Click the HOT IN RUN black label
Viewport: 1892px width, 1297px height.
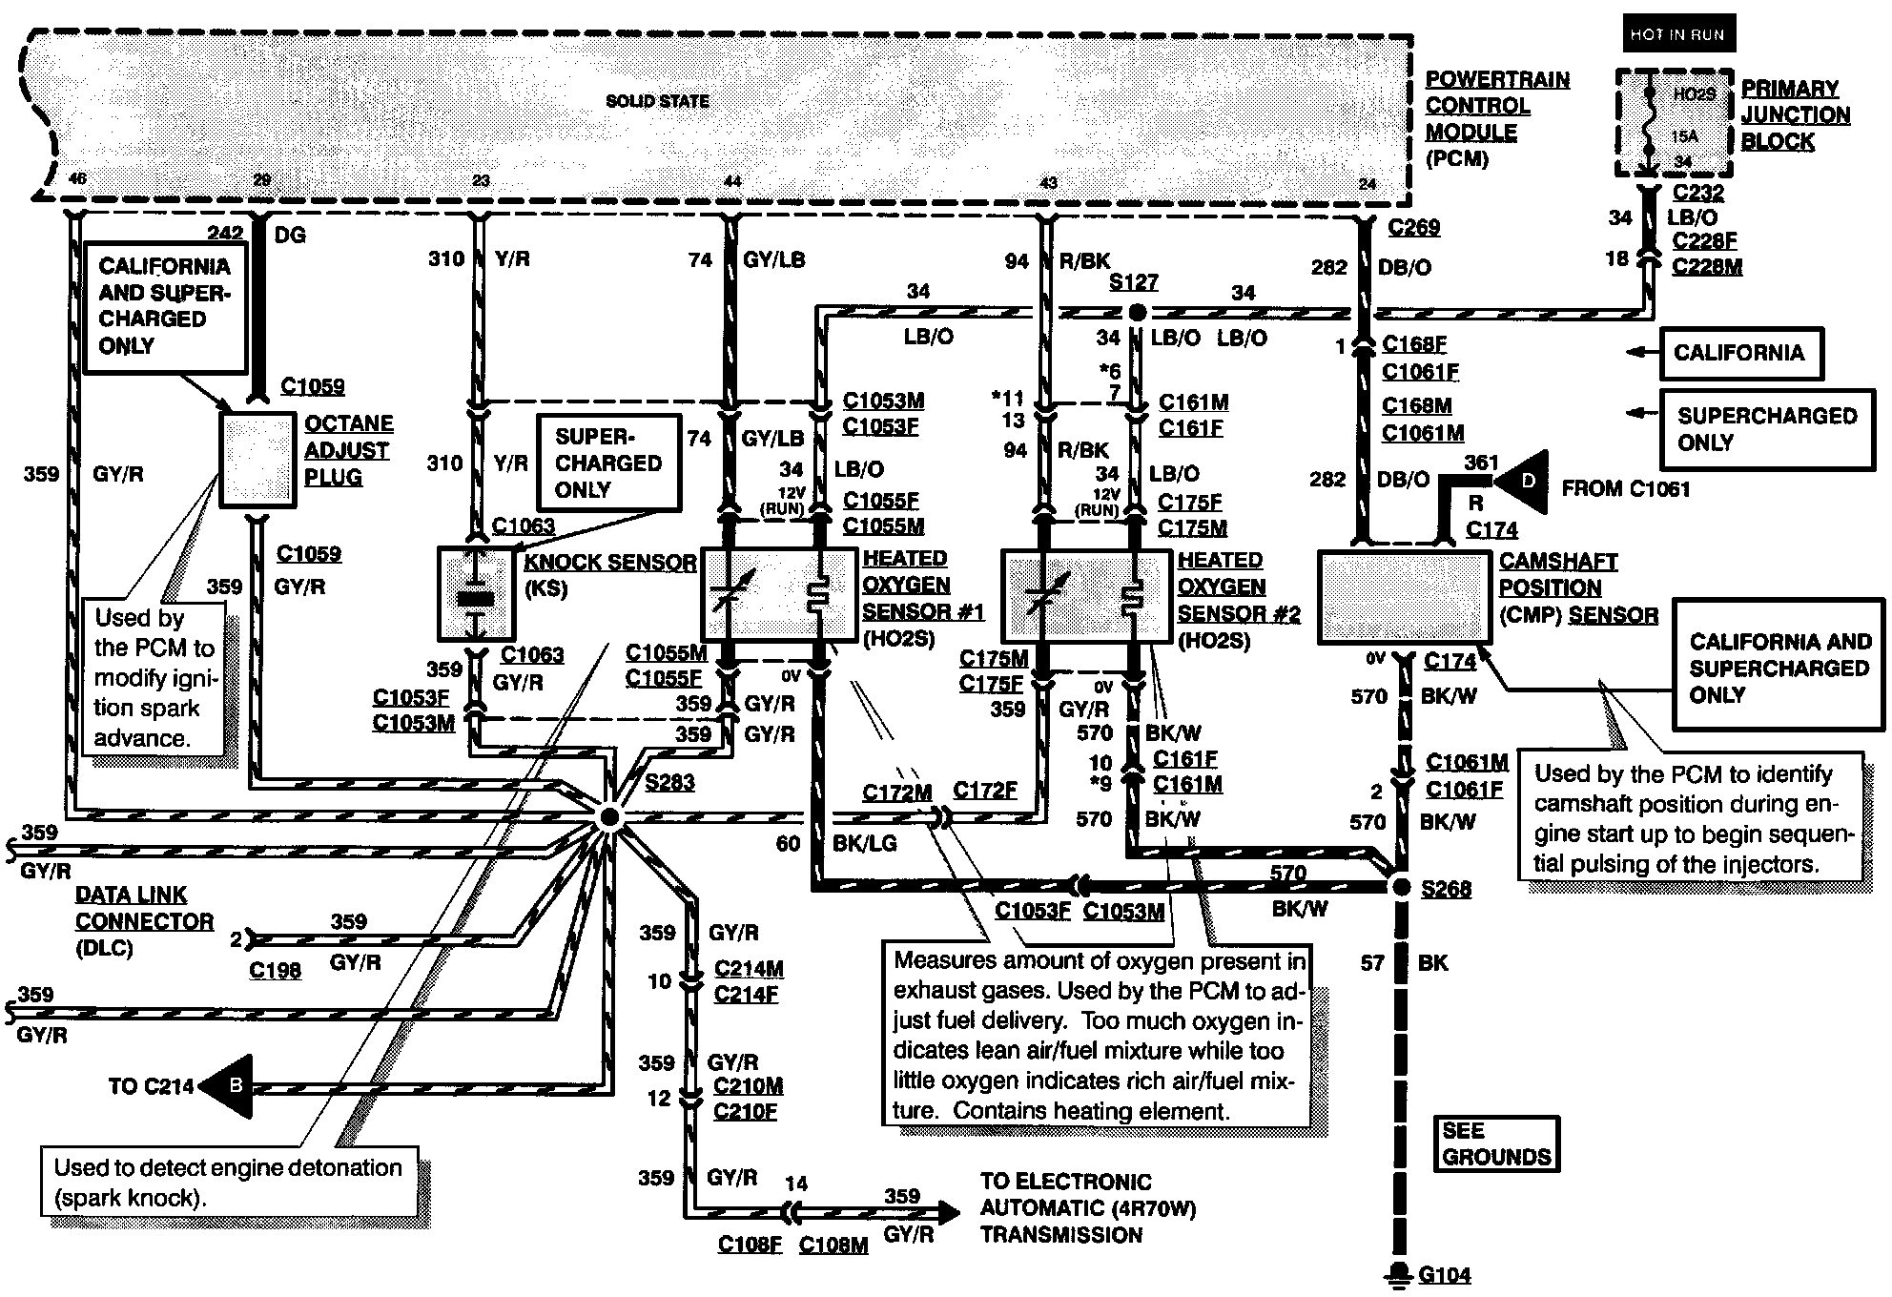click(1677, 34)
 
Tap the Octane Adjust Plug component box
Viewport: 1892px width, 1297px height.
click(257, 460)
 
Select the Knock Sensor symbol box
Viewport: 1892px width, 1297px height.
click(476, 592)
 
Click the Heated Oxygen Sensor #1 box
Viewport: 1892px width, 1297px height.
click(779, 593)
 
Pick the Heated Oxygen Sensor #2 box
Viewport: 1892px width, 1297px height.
click(1085, 595)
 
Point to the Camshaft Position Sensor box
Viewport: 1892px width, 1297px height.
click(1403, 597)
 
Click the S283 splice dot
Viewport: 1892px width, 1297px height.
click(607, 817)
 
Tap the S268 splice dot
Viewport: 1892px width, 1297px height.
click(1400, 888)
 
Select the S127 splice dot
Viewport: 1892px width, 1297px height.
click(1135, 312)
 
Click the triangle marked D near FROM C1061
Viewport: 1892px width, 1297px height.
click(1522, 483)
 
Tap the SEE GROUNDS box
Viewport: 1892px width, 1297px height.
click(1495, 1143)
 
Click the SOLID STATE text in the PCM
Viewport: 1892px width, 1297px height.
click(657, 101)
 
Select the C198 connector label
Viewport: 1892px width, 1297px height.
click(275, 970)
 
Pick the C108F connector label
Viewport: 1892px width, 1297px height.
click(750, 1245)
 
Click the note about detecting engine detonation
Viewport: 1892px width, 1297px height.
click(229, 1182)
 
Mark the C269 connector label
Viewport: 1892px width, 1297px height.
click(1413, 227)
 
